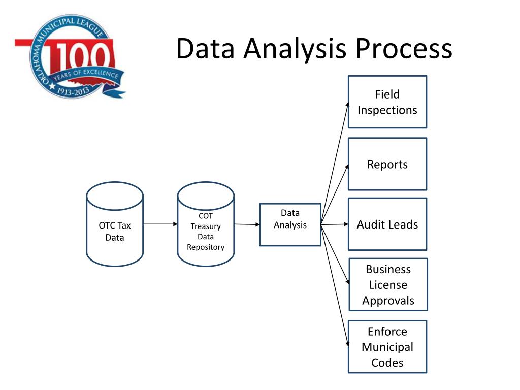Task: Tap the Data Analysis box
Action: click(x=290, y=224)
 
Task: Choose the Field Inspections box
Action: click(x=387, y=102)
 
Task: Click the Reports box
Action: click(x=387, y=164)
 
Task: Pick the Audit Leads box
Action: click(x=387, y=224)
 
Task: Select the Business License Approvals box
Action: click(x=388, y=284)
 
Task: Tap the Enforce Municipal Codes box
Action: click(x=387, y=347)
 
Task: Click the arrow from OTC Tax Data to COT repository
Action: click(x=160, y=224)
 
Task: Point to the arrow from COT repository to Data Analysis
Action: click(x=247, y=224)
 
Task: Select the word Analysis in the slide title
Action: click(x=296, y=49)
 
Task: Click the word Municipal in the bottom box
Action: click(x=387, y=347)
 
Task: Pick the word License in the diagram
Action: click(x=388, y=285)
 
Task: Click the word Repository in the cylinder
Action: click(x=206, y=247)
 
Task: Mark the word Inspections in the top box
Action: click(x=387, y=110)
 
